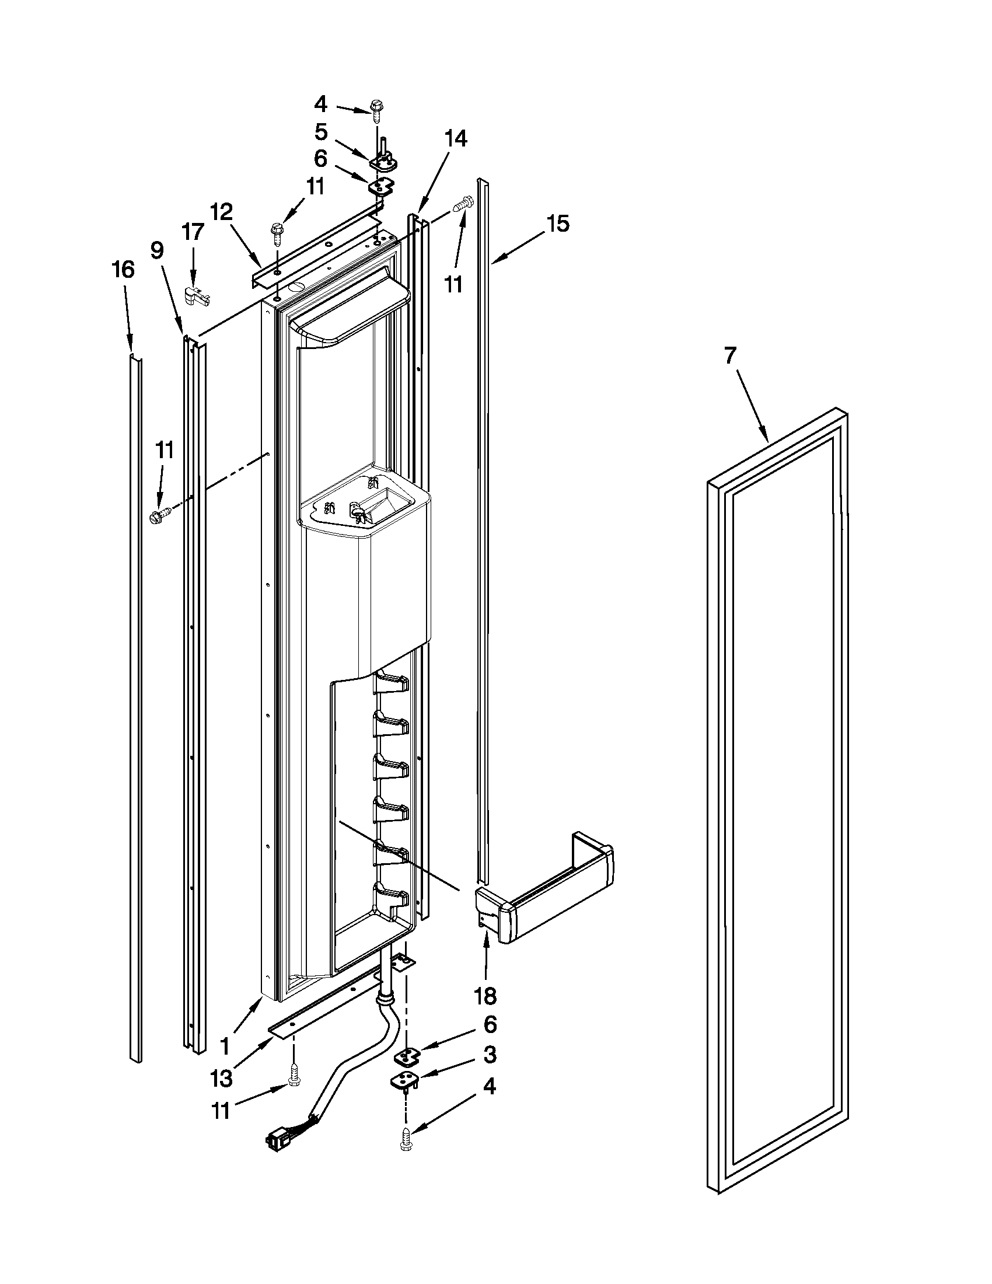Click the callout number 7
729,357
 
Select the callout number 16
123,270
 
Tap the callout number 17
193,232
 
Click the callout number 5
321,132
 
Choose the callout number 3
489,1055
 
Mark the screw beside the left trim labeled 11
160,515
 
